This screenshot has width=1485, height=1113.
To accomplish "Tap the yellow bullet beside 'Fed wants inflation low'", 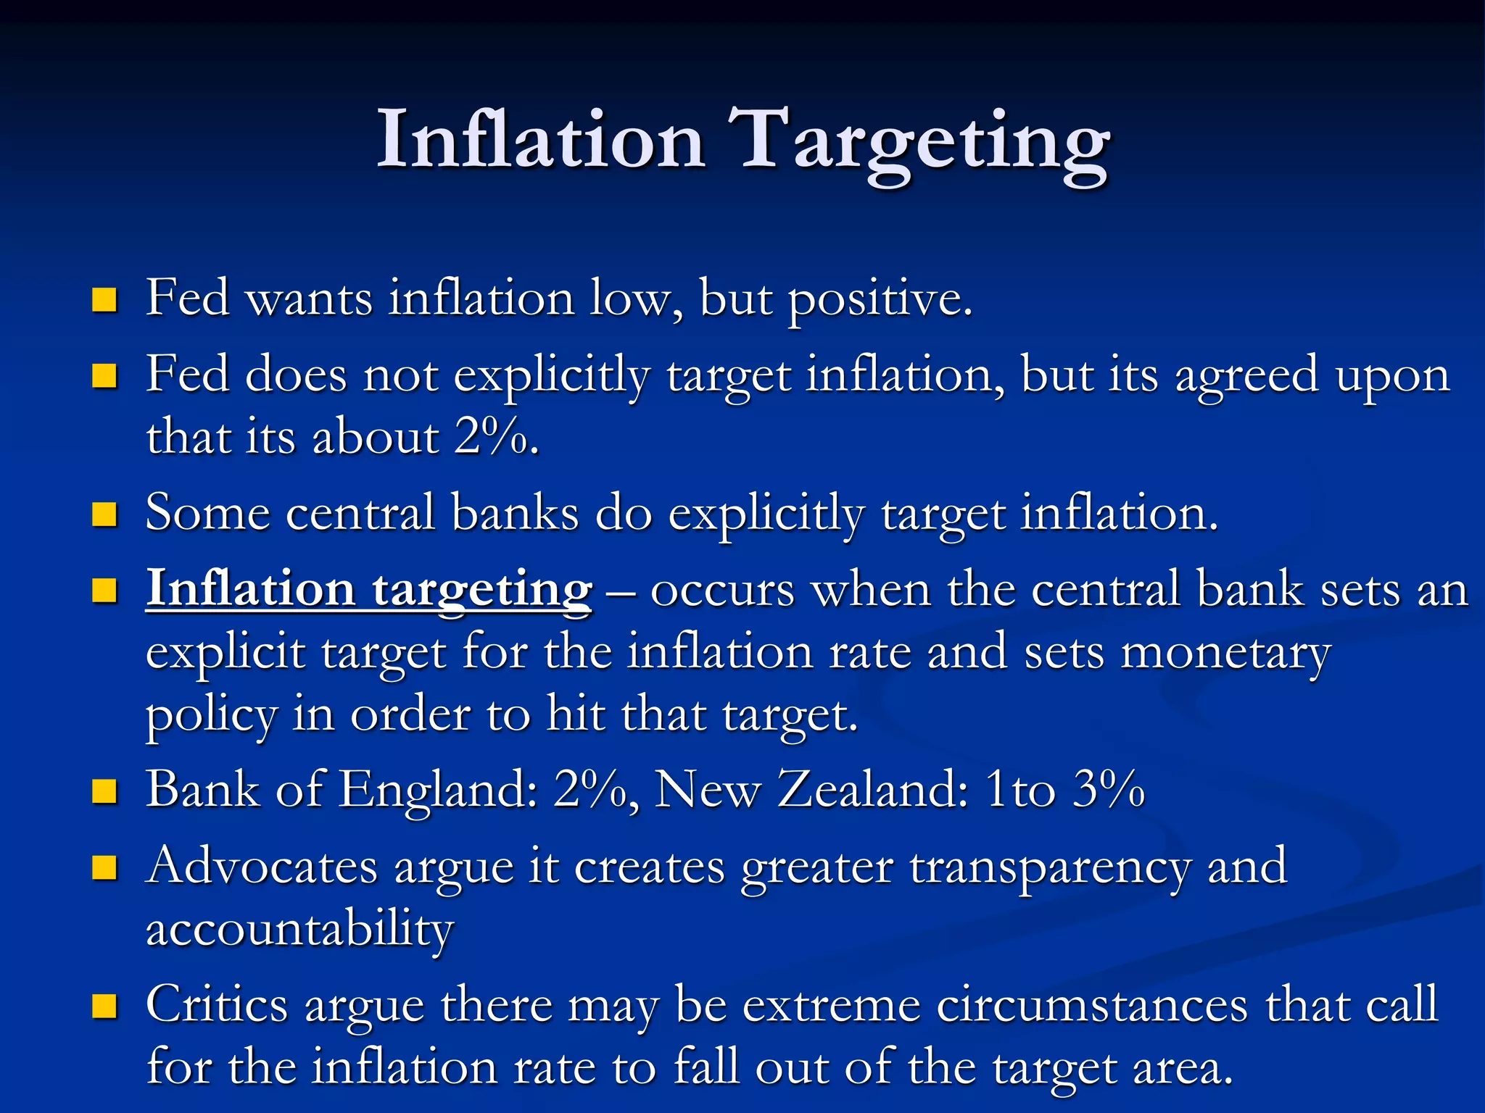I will (x=105, y=299).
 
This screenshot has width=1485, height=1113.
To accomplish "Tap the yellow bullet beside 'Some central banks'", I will (x=105, y=514).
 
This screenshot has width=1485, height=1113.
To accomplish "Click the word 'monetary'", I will (x=1225, y=653).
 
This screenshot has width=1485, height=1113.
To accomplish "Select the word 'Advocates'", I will (x=262, y=866).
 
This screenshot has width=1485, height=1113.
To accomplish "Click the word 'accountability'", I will (x=299, y=929).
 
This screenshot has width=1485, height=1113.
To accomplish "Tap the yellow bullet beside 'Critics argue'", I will (x=105, y=1006).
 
